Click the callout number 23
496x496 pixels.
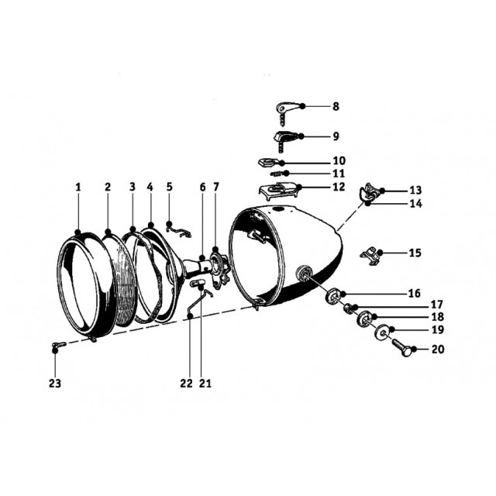click(x=55, y=384)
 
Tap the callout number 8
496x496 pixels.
click(x=336, y=106)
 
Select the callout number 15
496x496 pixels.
click(x=415, y=253)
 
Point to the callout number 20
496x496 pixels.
click(x=438, y=350)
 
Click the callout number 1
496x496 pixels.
click(x=78, y=187)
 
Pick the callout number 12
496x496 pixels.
click(x=339, y=187)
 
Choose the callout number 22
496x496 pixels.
click(x=186, y=384)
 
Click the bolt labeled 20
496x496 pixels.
click(x=401, y=347)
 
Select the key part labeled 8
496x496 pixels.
click(x=286, y=112)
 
